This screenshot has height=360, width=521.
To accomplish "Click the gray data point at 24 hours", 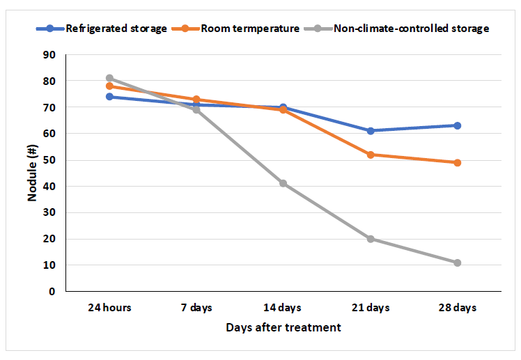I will coord(109,78).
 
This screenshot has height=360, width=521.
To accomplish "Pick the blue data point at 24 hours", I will coord(109,97).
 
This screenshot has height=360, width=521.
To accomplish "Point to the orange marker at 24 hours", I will coord(109,86).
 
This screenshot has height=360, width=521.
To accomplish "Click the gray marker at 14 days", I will coord(283,183).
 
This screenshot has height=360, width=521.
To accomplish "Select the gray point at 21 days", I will coord(371,239).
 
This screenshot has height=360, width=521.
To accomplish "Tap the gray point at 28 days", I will coord(458,263).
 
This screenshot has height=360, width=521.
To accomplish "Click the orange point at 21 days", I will coord(371,155).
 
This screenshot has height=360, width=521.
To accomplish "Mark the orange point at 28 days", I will coord(458,162).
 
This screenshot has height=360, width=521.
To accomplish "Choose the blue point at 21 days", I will coord(371,131).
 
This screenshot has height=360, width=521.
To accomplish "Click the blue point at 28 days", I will coord(458,125).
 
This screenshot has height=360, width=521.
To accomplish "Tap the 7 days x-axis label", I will coord(196,307).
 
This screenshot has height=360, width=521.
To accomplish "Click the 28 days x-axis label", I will coord(458,307).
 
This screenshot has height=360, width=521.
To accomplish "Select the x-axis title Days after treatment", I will coord(283,327).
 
